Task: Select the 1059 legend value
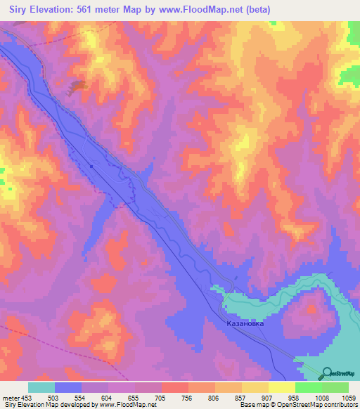tap(347, 397)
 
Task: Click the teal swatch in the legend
tap(41, 387)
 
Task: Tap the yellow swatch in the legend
tap(281, 387)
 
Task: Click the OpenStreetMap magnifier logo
tap(326, 372)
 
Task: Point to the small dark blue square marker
tap(91, 166)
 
